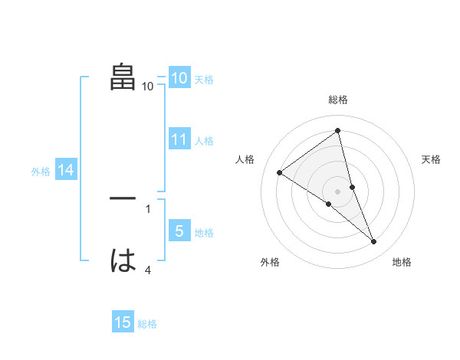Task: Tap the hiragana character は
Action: pos(123,261)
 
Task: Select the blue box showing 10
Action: pos(179,77)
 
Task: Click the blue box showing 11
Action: pos(179,139)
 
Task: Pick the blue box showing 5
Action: pos(179,231)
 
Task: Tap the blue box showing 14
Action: pos(66,171)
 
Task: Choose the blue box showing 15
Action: pos(123,323)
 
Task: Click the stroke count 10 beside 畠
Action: pos(148,87)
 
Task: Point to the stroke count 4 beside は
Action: pos(148,270)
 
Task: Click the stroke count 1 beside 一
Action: pos(148,208)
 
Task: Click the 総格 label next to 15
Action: pos(147,324)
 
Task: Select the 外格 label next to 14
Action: pos(41,172)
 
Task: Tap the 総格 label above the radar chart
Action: pos(337,100)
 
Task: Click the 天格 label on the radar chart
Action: pos(431,159)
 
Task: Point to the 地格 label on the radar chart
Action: pos(402,262)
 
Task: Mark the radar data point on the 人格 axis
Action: pos(279,172)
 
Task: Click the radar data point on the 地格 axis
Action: pos(374,242)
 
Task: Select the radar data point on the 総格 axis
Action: pos(337,130)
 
